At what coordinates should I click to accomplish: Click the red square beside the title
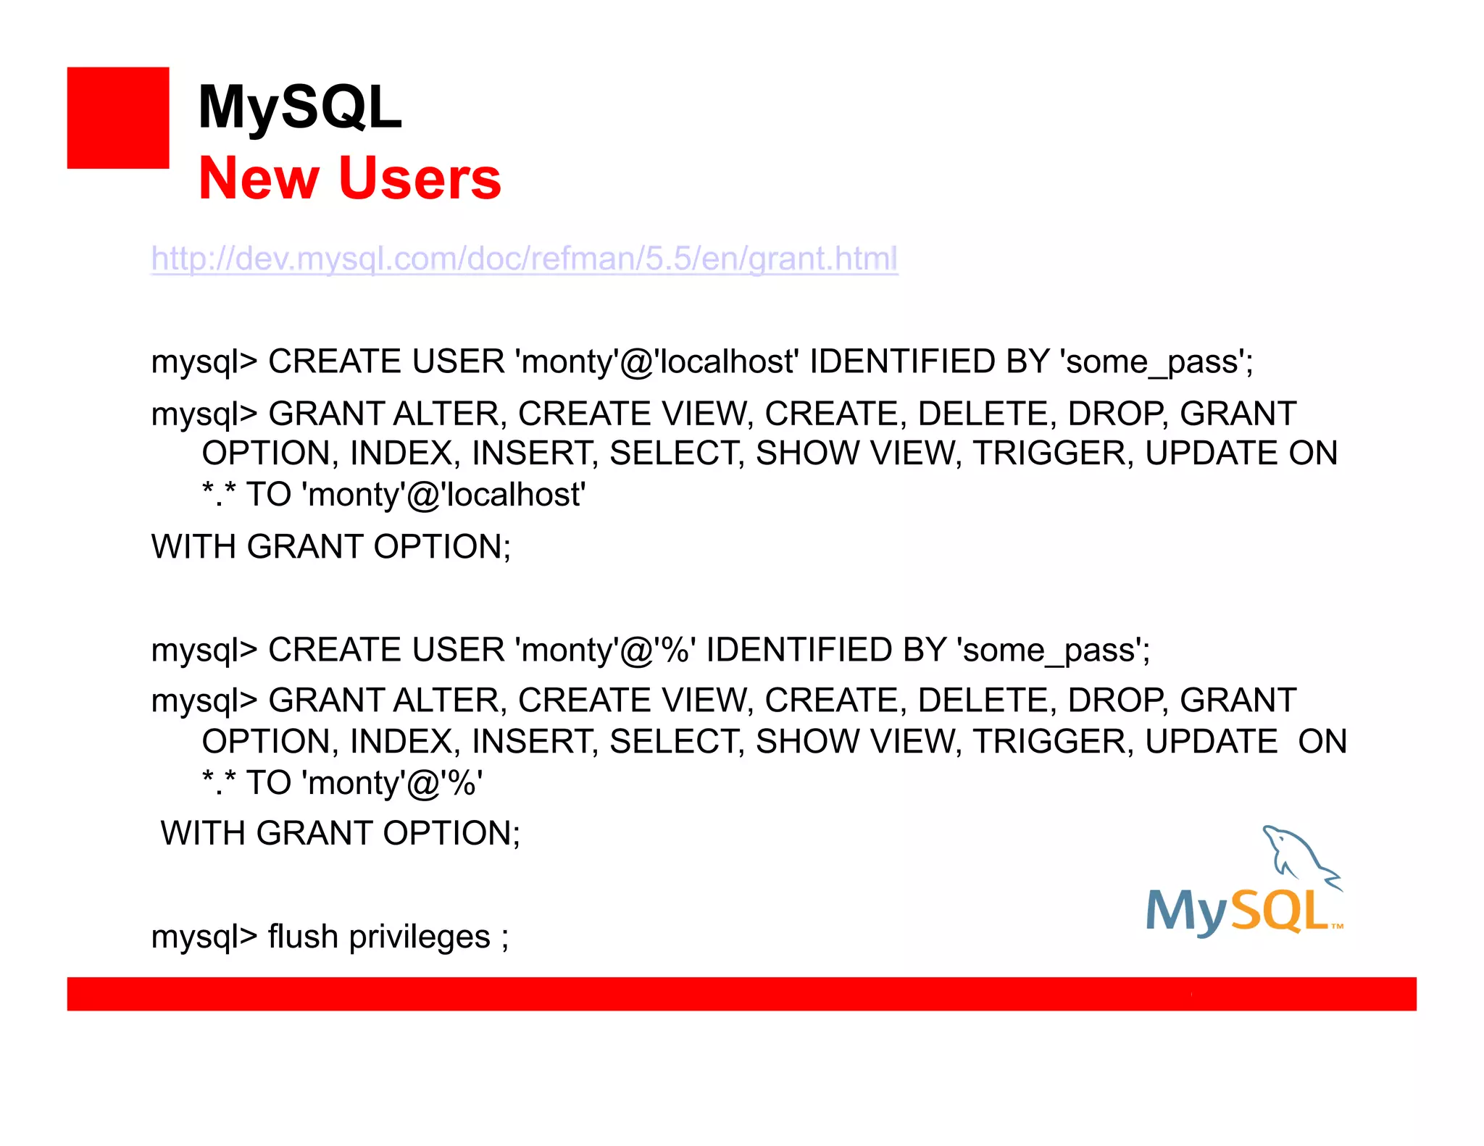tap(118, 118)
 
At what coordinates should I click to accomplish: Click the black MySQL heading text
tap(299, 107)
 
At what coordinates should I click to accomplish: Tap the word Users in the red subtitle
tap(420, 179)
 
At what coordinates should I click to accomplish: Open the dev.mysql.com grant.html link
tap(524, 259)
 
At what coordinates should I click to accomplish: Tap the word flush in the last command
tap(303, 936)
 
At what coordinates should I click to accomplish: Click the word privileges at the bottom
tap(420, 937)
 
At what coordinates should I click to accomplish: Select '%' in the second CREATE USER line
tap(675, 650)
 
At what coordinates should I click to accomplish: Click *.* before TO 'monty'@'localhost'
tap(219, 494)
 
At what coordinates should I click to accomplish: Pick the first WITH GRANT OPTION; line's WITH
tap(194, 546)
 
